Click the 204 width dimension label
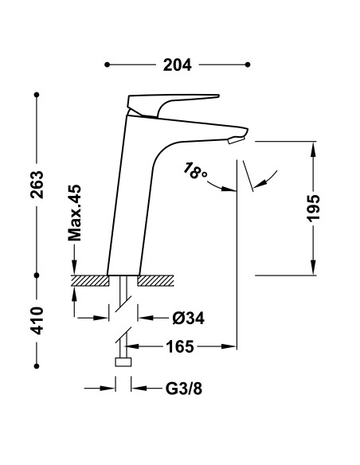coord(178,65)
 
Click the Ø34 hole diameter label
coord(189,318)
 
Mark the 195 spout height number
coord(314,208)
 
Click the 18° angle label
coord(195,172)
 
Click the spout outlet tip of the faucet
coord(236,140)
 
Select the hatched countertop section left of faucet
coord(90,280)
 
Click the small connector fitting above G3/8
coord(123,363)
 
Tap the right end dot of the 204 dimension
coord(248,64)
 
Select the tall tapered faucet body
coord(127,199)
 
